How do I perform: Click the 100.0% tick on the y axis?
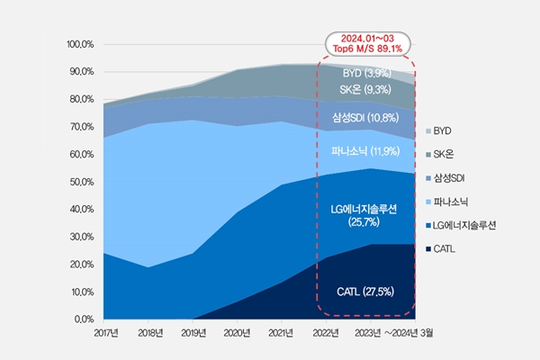click(80, 43)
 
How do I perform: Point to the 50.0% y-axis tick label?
click(82, 182)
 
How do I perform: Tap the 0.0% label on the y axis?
click(84, 319)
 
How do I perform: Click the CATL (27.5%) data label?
click(367, 292)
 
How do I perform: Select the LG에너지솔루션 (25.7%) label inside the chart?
click(365, 215)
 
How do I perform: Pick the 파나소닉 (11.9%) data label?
click(365, 150)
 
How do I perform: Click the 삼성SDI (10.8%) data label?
click(365, 117)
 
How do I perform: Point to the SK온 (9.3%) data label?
click(365, 89)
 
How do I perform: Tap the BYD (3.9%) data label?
click(365, 72)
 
